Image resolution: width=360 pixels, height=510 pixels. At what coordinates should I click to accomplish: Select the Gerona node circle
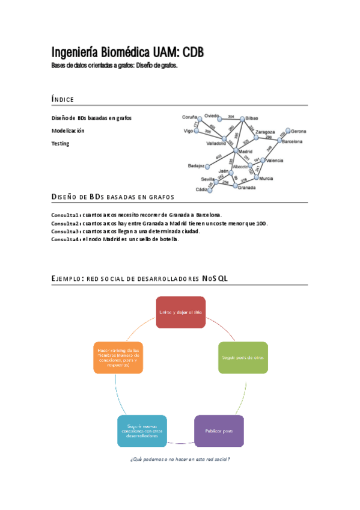[x=288, y=131]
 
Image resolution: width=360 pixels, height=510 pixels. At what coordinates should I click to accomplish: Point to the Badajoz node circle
[x=208, y=165]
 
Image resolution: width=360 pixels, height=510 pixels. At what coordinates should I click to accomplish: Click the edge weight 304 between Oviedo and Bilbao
[x=231, y=116]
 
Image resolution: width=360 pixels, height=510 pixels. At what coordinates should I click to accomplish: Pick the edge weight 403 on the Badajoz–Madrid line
[x=219, y=157]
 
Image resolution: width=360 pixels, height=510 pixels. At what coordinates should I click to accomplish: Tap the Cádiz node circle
[x=210, y=189]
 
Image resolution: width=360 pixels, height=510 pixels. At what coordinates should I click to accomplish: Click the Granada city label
[x=246, y=188]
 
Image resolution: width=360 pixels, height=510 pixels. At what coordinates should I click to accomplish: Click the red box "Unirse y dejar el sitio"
[x=181, y=312]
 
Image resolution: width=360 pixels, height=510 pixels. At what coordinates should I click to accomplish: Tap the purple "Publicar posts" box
[x=219, y=431]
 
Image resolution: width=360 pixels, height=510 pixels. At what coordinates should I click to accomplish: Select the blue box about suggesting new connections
[x=142, y=431]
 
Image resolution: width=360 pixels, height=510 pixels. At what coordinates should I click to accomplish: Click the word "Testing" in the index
[x=60, y=144]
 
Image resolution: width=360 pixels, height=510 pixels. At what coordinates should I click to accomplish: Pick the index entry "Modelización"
[x=68, y=131]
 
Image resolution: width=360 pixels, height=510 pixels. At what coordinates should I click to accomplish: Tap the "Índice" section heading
[x=63, y=99]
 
